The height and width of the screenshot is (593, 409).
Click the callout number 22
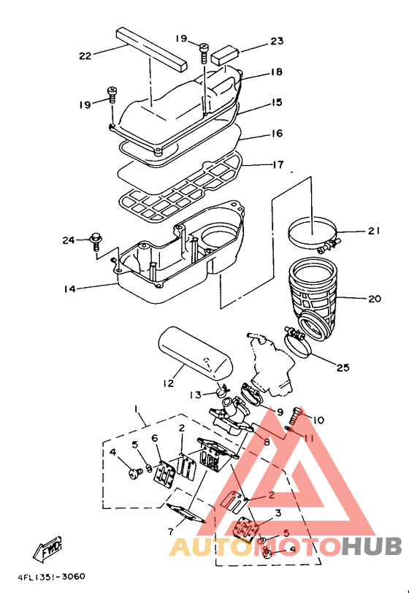[85, 56]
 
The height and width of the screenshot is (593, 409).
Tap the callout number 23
[277, 41]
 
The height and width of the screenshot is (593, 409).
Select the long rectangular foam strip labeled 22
[152, 48]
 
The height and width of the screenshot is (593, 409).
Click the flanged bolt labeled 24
[95, 241]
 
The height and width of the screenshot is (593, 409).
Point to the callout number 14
[69, 289]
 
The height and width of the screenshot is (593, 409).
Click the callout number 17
[278, 165]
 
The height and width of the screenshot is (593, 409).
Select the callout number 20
[375, 299]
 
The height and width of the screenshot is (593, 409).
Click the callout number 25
[343, 367]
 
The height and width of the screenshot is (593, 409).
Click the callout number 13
[196, 395]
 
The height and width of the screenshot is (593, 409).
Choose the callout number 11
[309, 438]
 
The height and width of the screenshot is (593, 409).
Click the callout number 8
[267, 442]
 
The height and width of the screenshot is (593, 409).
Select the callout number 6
[155, 438]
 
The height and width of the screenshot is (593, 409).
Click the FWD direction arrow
[48, 548]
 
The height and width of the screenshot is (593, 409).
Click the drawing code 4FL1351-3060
[51, 577]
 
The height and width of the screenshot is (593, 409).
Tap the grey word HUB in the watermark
[372, 547]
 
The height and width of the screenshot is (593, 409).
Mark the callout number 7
[171, 532]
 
